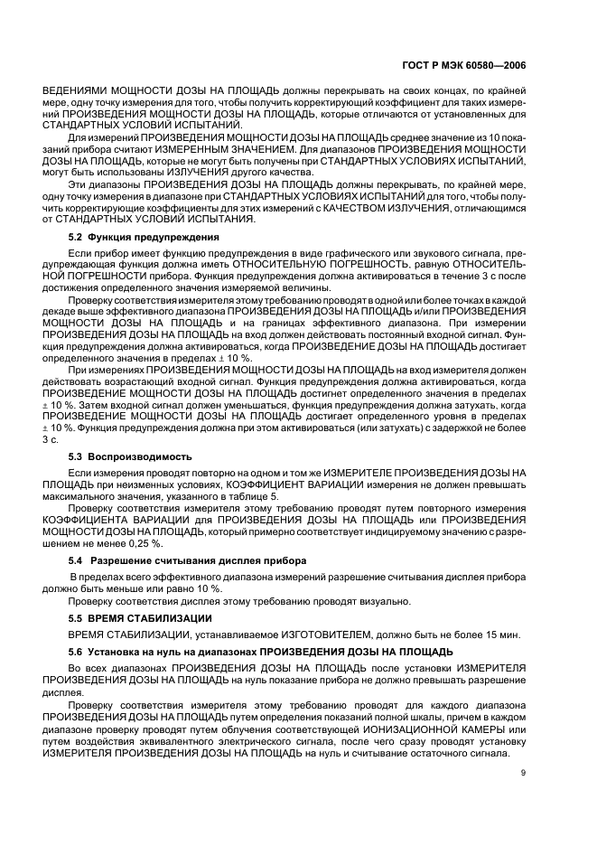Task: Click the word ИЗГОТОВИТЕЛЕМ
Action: pyautogui.click(x=297, y=634)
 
